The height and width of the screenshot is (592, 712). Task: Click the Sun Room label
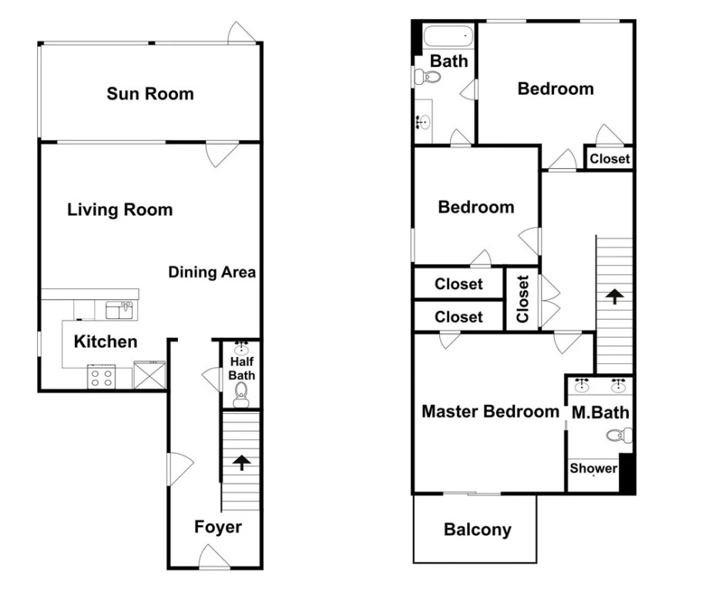pyautogui.click(x=150, y=93)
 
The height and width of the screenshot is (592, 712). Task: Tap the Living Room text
pyautogui.click(x=120, y=210)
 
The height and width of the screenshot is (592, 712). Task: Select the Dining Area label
pyautogui.click(x=212, y=271)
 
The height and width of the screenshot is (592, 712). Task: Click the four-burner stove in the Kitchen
pyautogui.click(x=102, y=377)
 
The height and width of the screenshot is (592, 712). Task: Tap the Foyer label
pyautogui.click(x=218, y=526)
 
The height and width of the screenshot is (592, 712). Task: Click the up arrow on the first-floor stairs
pyautogui.click(x=242, y=462)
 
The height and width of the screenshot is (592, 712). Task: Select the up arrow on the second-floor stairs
pyautogui.click(x=614, y=296)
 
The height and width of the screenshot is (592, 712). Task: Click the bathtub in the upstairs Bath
pyautogui.click(x=448, y=35)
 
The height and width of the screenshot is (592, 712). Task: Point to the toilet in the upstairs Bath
pyautogui.click(x=428, y=76)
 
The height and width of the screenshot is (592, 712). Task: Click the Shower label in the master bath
pyautogui.click(x=593, y=468)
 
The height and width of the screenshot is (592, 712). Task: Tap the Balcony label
pyautogui.click(x=478, y=530)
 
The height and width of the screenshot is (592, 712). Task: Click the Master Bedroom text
pyautogui.click(x=490, y=411)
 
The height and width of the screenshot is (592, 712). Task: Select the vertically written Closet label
pyautogui.click(x=522, y=298)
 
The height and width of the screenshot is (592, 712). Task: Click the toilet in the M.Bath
pyautogui.click(x=620, y=435)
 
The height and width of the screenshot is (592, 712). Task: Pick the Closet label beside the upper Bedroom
pyautogui.click(x=610, y=159)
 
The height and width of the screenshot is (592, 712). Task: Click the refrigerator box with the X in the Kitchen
pyautogui.click(x=149, y=375)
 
